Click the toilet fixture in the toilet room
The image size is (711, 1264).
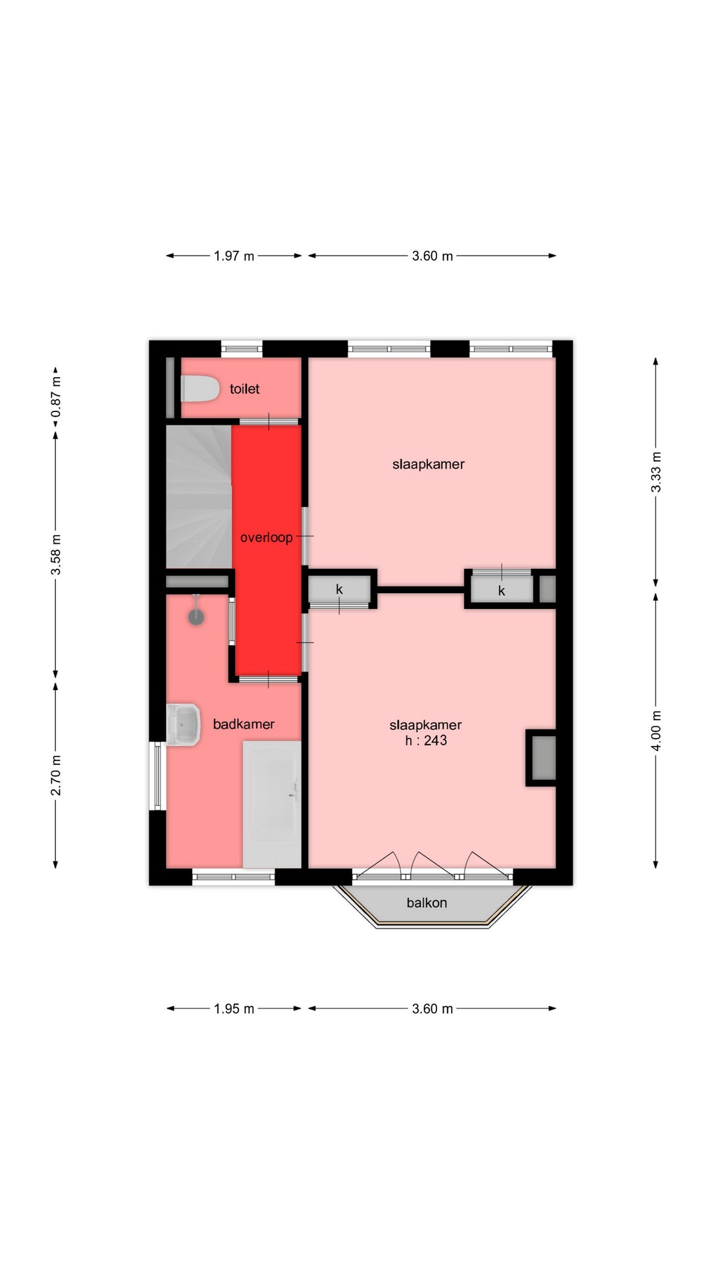click(x=199, y=389)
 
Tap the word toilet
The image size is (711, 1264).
click(x=244, y=389)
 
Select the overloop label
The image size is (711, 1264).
click(x=266, y=538)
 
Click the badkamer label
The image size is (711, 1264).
click(x=244, y=724)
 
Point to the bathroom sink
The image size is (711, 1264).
click(x=183, y=725)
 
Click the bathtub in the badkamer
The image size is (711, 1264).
click(x=272, y=804)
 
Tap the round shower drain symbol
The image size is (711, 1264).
click(x=196, y=617)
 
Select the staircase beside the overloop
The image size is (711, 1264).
click(x=199, y=496)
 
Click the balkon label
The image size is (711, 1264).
click(x=427, y=903)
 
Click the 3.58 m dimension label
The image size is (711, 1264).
click(x=57, y=554)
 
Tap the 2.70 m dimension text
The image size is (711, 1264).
click(x=57, y=775)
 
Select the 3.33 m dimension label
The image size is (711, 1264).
click(x=656, y=472)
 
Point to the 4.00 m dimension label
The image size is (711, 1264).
click(x=656, y=730)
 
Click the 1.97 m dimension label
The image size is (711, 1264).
click(x=234, y=255)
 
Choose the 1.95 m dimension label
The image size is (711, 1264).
click(x=234, y=1009)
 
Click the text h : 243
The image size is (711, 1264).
click(x=426, y=741)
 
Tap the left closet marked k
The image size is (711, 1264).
click(x=340, y=589)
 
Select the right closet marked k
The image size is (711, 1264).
click(x=502, y=589)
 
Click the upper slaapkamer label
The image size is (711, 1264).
click(x=429, y=464)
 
